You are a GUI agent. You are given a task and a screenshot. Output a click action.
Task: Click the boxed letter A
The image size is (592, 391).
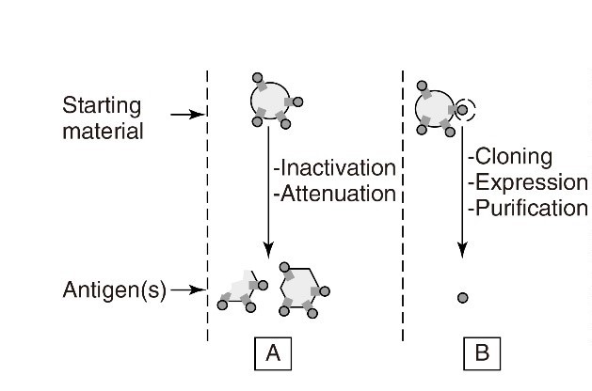pyautogui.click(x=272, y=353)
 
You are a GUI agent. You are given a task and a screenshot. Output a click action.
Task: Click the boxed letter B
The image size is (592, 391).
pyautogui.click(x=481, y=353)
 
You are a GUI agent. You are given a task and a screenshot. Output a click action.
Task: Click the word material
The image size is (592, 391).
pyautogui.click(x=103, y=130)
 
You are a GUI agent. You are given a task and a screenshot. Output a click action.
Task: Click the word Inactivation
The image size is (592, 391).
pyautogui.click(x=335, y=168)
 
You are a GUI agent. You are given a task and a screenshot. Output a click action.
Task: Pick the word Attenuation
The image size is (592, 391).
pyautogui.click(x=334, y=196)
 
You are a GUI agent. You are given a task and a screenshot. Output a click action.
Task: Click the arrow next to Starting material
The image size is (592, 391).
pyautogui.click(x=188, y=115)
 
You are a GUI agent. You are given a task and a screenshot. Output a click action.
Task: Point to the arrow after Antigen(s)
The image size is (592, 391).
pyautogui.click(x=189, y=290)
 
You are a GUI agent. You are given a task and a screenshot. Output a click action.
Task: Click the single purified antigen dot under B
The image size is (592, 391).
pyautogui.click(x=462, y=298)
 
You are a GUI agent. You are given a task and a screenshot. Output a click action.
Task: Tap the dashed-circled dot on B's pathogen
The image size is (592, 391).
pyautogui.click(x=462, y=110)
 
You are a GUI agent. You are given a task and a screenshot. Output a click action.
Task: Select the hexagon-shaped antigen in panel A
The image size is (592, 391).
pyautogui.click(x=299, y=282)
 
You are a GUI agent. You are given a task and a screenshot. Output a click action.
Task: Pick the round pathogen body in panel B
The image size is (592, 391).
pyautogui.click(x=434, y=106)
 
